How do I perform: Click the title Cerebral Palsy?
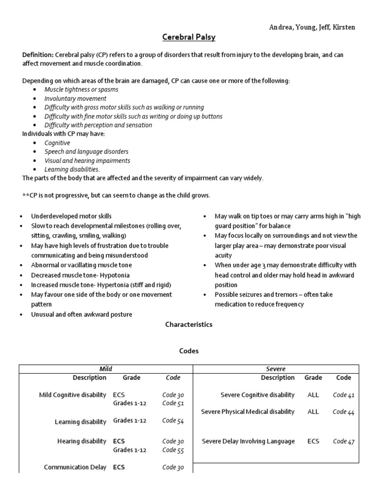click(x=189, y=37)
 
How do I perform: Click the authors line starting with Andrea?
click(x=312, y=27)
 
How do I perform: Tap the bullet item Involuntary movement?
click(x=75, y=98)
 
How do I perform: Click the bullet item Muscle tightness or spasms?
click(x=81, y=90)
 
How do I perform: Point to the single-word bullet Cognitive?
click(x=58, y=143)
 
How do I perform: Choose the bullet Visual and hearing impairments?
click(x=87, y=160)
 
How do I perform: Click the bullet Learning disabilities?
click(x=72, y=169)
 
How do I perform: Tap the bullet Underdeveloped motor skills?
click(x=71, y=216)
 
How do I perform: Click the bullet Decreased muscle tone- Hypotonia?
click(x=80, y=275)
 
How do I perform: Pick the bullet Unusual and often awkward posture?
click(x=82, y=315)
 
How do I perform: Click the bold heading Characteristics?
click(x=189, y=325)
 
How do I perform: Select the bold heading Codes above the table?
click(x=189, y=351)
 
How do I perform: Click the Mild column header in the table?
click(x=106, y=369)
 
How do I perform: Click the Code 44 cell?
click(x=344, y=412)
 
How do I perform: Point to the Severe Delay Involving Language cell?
click(x=249, y=441)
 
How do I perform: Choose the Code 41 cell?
click(x=344, y=395)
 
